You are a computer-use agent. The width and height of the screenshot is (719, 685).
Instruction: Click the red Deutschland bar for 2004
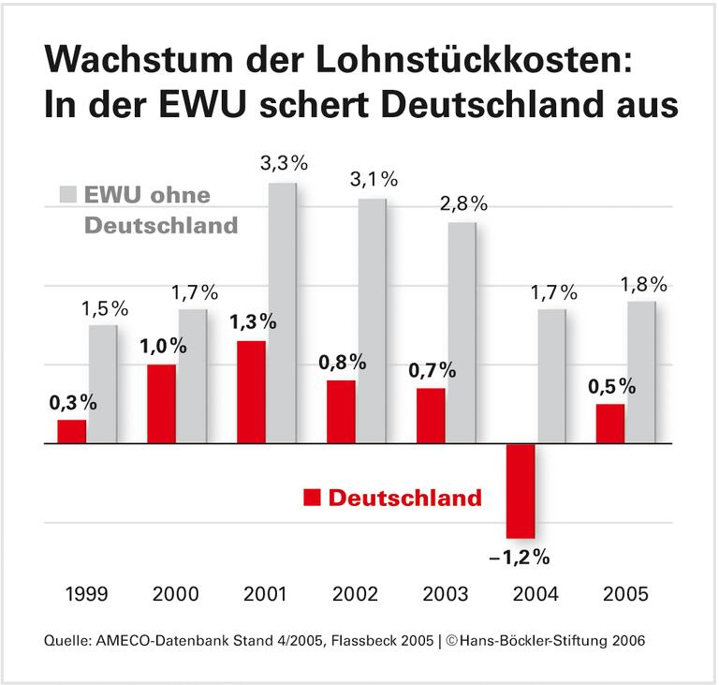pos(520,491)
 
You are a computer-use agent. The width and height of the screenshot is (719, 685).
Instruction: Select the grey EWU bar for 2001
pos(282,313)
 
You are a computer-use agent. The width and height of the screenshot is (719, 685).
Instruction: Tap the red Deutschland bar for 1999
pos(71,432)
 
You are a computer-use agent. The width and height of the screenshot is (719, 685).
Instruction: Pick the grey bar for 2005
pos(641,372)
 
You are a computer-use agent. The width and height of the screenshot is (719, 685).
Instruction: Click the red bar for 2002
pos(341,412)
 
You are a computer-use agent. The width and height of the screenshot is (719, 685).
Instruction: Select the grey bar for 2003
pos(462,333)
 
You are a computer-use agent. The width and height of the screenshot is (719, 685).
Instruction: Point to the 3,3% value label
pos(284,163)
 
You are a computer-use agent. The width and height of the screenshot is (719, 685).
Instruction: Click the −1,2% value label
pos(520,558)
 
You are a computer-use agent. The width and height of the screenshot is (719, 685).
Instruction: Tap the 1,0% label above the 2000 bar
pos(164,345)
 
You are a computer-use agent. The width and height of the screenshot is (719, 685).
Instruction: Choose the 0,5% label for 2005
pos(609,386)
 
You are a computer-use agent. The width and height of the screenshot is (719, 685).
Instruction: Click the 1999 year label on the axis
pos(85,594)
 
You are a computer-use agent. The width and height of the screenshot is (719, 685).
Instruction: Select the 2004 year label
pos(535,594)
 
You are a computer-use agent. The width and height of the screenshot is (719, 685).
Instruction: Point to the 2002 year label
pos(355,594)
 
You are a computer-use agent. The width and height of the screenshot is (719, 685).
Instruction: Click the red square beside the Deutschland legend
pos(310,498)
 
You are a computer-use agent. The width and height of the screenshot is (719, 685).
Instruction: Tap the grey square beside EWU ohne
pos(67,195)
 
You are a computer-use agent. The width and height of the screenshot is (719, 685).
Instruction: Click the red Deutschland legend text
pos(404,498)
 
